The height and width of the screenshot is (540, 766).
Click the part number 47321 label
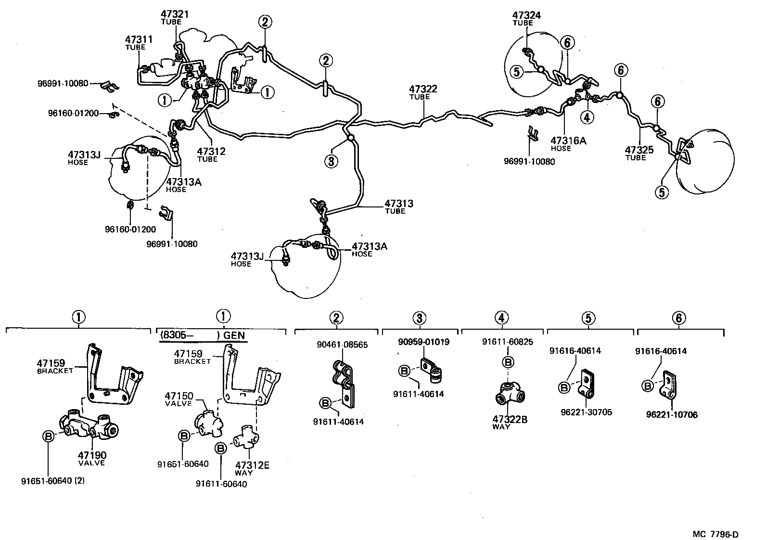(175, 14)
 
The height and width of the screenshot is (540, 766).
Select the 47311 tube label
(139, 39)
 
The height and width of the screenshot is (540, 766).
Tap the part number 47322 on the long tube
(423, 89)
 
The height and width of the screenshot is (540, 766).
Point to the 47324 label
(526, 15)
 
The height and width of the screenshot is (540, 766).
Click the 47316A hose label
(568, 141)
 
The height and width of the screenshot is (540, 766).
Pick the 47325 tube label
(639, 150)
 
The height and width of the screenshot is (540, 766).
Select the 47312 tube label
(211, 152)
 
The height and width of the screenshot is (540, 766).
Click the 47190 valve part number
(92, 455)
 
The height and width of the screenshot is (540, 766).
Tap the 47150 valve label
(180, 396)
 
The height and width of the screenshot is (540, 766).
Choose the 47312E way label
(252, 465)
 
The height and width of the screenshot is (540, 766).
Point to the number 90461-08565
(342, 345)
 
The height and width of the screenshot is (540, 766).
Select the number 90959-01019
(423, 342)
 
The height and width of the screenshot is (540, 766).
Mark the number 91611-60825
(507, 342)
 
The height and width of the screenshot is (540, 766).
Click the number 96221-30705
(586, 412)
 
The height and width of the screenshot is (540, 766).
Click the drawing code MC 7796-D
(715, 534)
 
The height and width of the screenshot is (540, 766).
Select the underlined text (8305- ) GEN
(202, 335)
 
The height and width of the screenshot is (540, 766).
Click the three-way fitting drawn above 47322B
(509, 394)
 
